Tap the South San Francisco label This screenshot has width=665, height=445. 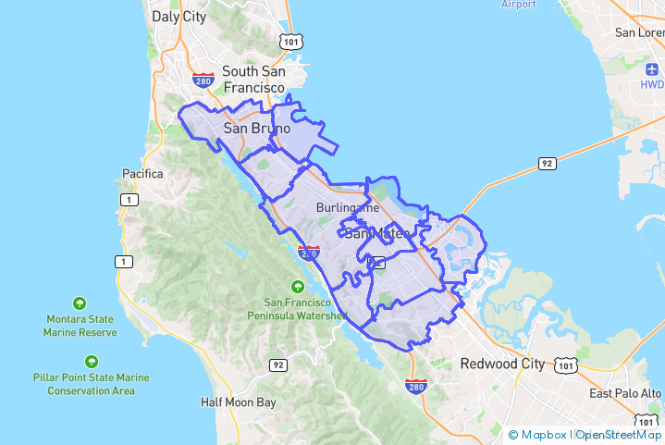[x=253, y=79]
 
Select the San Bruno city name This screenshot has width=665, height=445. [x=257, y=129]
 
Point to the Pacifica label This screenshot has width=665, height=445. [x=142, y=173]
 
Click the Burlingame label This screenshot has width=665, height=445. [x=347, y=208]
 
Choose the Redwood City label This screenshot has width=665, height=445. [x=502, y=364]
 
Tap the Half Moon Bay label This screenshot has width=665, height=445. [x=239, y=402]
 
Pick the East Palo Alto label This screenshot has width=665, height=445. [x=626, y=393]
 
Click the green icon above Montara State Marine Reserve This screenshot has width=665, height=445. [x=80, y=303]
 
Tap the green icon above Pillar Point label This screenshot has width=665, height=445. [x=91, y=361]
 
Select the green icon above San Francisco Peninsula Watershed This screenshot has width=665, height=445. [x=298, y=285]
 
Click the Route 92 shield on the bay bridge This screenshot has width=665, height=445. [x=548, y=164]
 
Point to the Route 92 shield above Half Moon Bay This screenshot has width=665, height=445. [x=277, y=365]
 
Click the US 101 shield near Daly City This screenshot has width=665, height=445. [x=291, y=41]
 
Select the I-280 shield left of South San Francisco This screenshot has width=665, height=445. [x=203, y=80]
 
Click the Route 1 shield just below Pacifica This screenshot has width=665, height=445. [x=123, y=199]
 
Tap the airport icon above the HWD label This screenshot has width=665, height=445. [x=651, y=68]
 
